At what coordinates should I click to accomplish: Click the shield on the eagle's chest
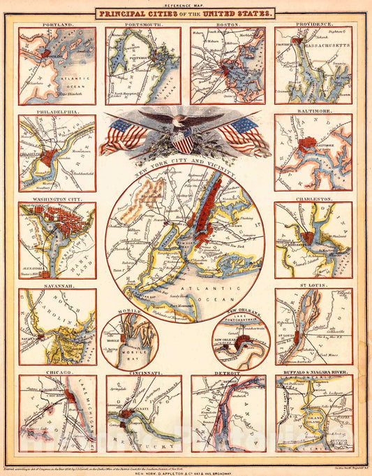pos(182,143)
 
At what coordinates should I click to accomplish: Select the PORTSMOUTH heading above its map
pos(142,24)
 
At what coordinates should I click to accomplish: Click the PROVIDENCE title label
pos(313,24)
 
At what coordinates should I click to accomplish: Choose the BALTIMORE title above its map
pos(313,111)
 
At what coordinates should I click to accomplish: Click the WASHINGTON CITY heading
pos(53,199)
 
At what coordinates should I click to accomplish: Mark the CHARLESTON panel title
pos(313,199)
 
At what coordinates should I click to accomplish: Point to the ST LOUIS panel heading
pos(313,286)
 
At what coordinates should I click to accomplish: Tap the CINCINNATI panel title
pos(142,373)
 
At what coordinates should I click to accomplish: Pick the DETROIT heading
pos(228,373)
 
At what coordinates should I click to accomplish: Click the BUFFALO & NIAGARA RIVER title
pos(313,373)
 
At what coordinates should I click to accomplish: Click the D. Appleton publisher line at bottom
pos(186,468)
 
